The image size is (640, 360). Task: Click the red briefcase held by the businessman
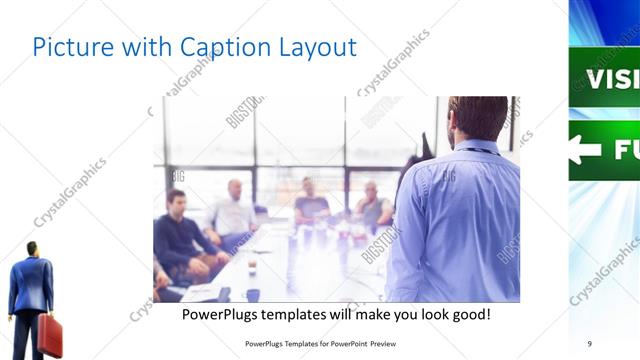pyautogui.click(x=50, y=335)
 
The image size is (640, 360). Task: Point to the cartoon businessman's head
pyautogui.click(x=32, y=249)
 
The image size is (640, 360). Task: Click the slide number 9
pyautogui.click(x=590, y=343)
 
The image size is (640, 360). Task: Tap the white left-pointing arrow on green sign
pyautogui.click(x=586, y=150)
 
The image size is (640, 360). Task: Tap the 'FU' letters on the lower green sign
pyautogui.click(x=625, y=150)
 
